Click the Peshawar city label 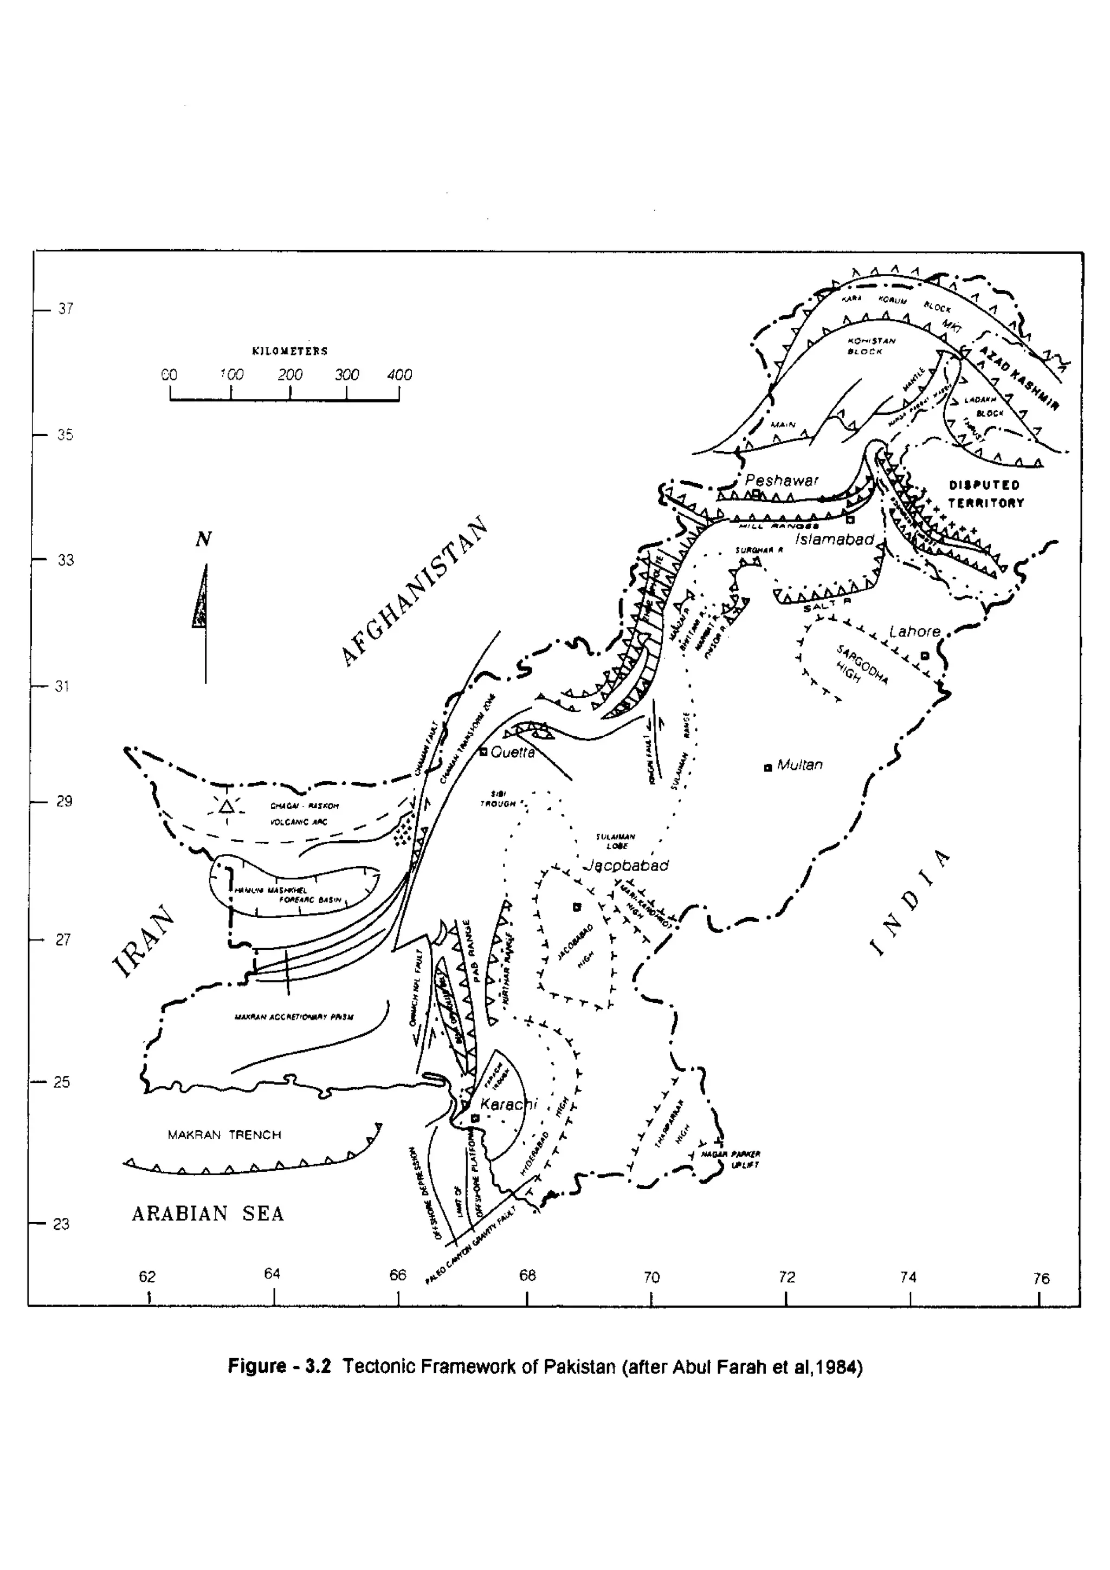[782, 480]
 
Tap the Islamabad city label [834, 540]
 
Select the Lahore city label [915, 631]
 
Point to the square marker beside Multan [767, 768]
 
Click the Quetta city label [512, 751]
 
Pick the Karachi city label [509, 1104]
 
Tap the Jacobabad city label [626, 866]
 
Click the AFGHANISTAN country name [415, 591]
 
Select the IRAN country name [144, 940]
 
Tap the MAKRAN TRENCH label [224, 1135]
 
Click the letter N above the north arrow [203, 540]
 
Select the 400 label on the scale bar [399, 375]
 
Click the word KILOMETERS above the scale [290, 352]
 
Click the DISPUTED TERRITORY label [985, 494]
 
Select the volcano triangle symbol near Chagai [227, 807]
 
